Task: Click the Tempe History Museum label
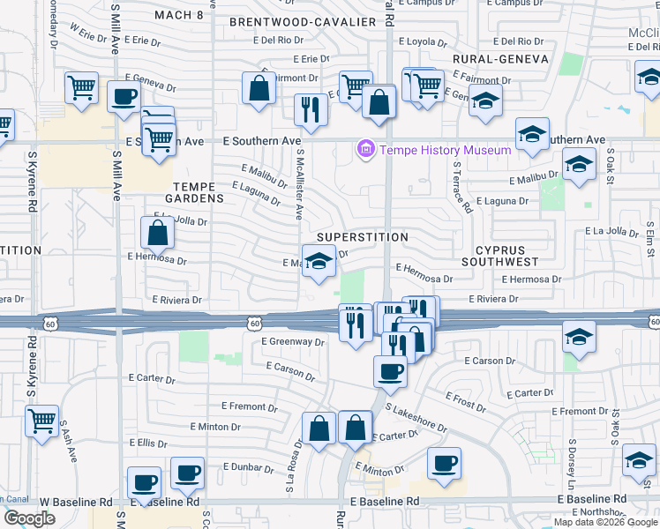tap(446, 150)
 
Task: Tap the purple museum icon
tap(366, 150)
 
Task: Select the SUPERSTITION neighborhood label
tap(363, 237)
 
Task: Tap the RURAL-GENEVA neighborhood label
tap(500, 59)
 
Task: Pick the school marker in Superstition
tap(319, 261)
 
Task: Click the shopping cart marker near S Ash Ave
tap(41, 421)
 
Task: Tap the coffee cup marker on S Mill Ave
tap(124, 96)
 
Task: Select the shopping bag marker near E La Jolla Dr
tap(157, 233)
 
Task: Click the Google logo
tap(29, 518)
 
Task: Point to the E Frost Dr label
tap(465, 403)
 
